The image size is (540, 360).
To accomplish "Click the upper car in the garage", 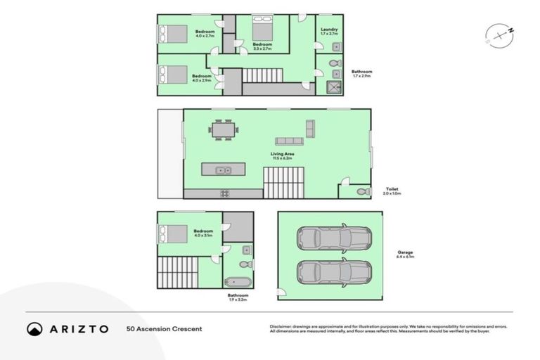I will pyautogui.click(x=334, y=238).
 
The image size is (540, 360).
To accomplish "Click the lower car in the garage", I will pyautogui.click(x=334, y=271).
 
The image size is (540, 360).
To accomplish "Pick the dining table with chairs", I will pyautogui.click(x=224, y=129).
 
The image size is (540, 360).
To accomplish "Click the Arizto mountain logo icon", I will pyautogui.click(x=34, y=328).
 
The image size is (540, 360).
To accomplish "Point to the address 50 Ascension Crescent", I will pyautogui.click(x=164, y=328).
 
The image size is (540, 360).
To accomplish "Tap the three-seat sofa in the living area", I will pyautogui.click(x=288, y=141).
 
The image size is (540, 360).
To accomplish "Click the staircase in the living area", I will pyautogui.click(x=283, y=183).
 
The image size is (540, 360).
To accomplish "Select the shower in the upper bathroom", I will pyautogui.click(x=333, y=87).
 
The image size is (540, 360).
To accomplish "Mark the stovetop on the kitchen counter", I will pyautogui.click(x=224, y=193).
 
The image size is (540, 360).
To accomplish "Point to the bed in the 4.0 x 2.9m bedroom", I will pyautogui.click(x=173, y=75).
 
